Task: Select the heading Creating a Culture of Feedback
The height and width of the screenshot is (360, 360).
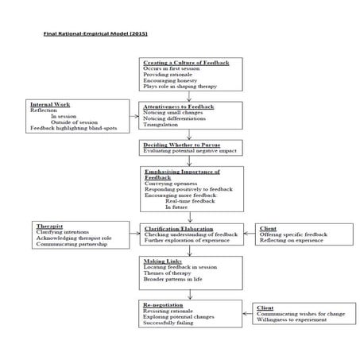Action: [184, 62]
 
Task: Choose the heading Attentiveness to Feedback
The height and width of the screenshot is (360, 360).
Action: [180, 105]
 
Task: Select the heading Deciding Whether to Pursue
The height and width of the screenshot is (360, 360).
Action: [181, 144]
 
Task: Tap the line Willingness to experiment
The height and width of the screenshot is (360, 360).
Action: [291, 319]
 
